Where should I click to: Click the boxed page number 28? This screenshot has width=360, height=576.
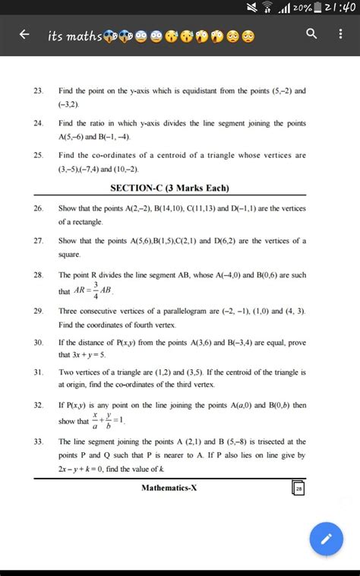[x=298, y=489]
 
